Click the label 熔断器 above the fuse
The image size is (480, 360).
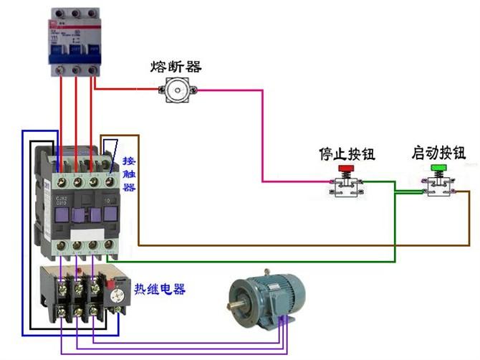(176, 67)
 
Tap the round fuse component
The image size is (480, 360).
(176, 90)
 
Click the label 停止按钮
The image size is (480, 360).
(347, 154)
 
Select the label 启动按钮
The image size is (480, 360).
(438, 153)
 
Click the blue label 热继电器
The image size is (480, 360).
(160, 290)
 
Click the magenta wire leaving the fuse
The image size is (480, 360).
(262, 129)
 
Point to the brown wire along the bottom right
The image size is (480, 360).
(322, 245)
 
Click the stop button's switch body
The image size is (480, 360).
(346, 186)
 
